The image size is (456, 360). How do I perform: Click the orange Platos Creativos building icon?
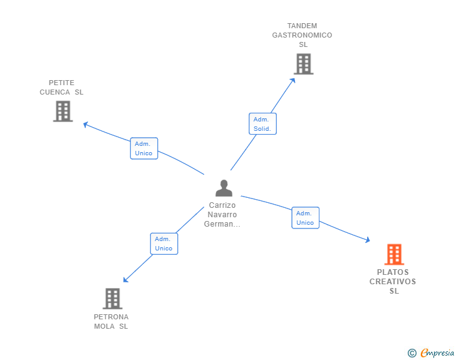(393, 254)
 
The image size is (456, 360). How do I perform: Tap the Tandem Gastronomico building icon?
(303, 64)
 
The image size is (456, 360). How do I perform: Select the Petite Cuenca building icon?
(63, 111)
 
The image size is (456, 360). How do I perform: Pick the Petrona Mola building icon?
(112, 299)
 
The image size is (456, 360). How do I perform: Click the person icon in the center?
(224, 188)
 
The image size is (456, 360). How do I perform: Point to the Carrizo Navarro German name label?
(223, 215)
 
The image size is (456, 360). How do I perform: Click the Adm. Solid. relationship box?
(262, 124)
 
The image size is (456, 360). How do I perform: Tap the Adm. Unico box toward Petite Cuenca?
(144, 148)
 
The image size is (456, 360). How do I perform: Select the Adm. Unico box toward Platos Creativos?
(305, 218)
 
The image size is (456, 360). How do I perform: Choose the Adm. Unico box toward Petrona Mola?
(164, 244)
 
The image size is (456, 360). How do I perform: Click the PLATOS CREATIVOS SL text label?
(393, 282)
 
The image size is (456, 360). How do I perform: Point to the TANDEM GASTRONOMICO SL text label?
(302, 35)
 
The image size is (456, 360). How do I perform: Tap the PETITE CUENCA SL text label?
(61, 88)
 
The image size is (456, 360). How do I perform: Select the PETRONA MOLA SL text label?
(111, 322)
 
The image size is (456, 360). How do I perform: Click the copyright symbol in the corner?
(412, 353)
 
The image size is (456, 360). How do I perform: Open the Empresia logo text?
(437, 353)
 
